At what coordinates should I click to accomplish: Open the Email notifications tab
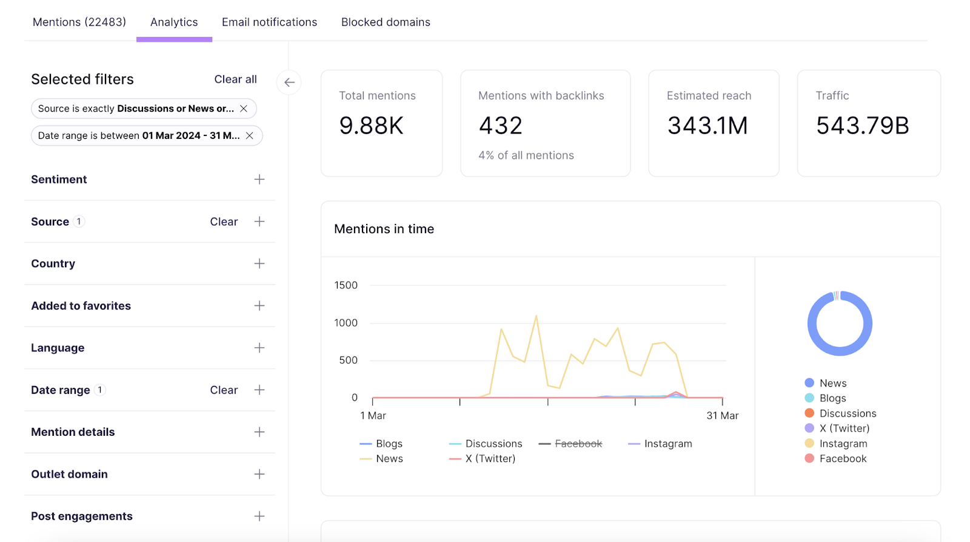(269, 22)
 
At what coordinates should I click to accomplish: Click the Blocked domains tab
(386, 22)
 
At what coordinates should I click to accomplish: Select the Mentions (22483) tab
(79, 22)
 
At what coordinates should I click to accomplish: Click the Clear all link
(235, 80)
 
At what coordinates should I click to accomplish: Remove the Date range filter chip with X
(249, 136)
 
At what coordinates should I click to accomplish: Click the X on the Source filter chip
(244, 109)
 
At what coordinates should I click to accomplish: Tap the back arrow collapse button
(289, 83)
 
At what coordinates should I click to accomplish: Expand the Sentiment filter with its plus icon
(259, 180)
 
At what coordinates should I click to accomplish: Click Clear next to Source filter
(224, 222)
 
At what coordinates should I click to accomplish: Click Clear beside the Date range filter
(224, 390)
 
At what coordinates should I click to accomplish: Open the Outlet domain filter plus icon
(259, 475)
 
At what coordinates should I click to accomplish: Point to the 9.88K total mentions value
(371, 126)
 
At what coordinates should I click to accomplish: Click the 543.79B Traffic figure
(862, 126)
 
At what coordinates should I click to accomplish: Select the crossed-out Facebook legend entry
(578, 444)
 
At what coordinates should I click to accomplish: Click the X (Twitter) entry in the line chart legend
(490, 459)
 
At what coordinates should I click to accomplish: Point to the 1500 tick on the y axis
(346, 285)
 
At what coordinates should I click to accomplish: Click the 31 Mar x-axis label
(722, 416)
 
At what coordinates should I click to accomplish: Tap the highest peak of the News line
(536, 316)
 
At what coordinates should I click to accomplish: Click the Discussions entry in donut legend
(847, 413)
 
